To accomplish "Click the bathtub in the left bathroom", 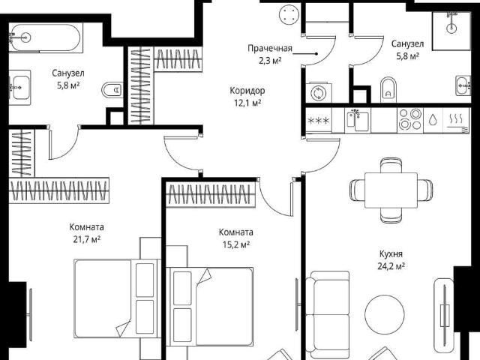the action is (46, 38).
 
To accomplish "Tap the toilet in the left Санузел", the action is (112, 90).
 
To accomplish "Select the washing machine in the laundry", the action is (318, 93).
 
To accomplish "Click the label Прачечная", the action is (270, 48).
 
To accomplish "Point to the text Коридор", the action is (247, 91).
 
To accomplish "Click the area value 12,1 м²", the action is (247, 103).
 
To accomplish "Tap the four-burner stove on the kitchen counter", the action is (410, 120).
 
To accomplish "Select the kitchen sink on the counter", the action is (358, 120).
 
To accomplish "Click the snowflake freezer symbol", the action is (318, 120).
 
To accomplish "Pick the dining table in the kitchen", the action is (391, 190).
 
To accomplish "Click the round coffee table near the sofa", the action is (385, 314).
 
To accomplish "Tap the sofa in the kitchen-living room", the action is (328, 314).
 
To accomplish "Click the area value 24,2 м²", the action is (391, 266).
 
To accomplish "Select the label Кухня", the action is (391, 253).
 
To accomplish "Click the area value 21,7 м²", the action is (87, 239).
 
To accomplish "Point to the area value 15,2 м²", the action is (236, 244).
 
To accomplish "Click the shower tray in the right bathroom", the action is (451, 31).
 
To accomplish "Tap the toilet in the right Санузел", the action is (388, 90).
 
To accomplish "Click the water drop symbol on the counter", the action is (433, 120).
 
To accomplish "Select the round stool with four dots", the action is (289, 15).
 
